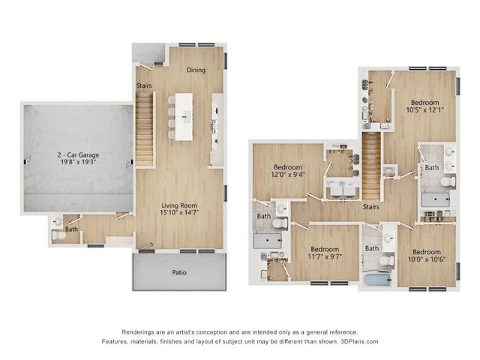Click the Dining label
pyautogui.click(x=196, y=70)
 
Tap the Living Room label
pyautogui.click(x=178, y=205)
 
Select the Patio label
pyautogui.click(x=178, y=272)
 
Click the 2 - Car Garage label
pyautogui.click(x=78, y=155)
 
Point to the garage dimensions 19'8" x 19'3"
pyautogui.click(x=79, y=163)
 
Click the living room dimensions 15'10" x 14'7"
pyautogui.click(x=179, y=214)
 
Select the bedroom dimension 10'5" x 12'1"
pyautogui.click(x=424, y=111)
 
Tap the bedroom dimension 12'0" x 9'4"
pyautogui.click(x=287, y=175)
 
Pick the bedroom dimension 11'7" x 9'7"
pyautogui.click(x=325, y=257)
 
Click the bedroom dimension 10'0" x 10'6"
pyautogui.click(x=424, y=260)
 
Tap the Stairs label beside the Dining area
pyautogui.click(x=144, y=85)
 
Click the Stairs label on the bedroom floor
pyautogui.click(x=369, y=207)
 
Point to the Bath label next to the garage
pyautogui.click(x=71, y=229)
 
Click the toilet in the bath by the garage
pyautogui.click(x=59, y=235)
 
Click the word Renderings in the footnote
pyautogui.click(x=140, y=331)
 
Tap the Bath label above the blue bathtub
pyautogui.click(x=372, y=248)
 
